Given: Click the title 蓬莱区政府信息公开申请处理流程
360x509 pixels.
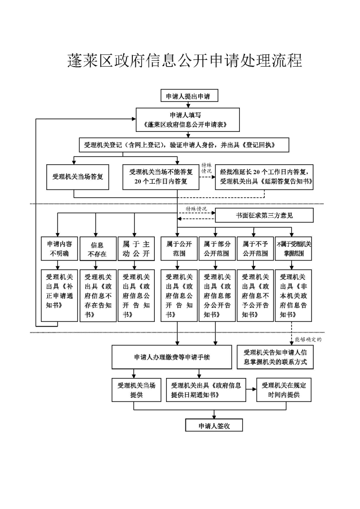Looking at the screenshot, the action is pos(184,61).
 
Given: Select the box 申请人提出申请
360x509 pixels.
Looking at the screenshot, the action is pos(189,96).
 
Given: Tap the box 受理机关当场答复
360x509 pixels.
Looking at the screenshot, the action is pos(77,177).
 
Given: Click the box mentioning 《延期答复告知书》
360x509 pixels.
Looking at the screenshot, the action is pos(264,177).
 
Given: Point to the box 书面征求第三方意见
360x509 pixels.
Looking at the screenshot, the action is pos(264,215).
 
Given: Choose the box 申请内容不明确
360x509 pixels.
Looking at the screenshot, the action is pos(59,249).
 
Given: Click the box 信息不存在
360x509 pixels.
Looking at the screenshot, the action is pos(98,249).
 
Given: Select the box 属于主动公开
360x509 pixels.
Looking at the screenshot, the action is pos(136,249).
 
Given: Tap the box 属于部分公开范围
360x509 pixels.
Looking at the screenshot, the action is pos(217,249).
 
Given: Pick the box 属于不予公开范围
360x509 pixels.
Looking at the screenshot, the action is pos(256,249).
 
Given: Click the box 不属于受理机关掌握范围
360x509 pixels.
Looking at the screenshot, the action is pos(293,249).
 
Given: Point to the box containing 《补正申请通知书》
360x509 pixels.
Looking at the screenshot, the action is pos(59,295).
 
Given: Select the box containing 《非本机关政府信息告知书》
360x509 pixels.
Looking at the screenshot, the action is pos(293,295).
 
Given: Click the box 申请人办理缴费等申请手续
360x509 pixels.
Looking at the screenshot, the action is pos(172,357).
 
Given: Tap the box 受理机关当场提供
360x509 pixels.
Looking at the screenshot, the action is pos(136,390).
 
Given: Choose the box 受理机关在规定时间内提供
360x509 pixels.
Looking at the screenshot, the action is pos(284,390).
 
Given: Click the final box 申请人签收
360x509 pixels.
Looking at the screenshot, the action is pos(214,425).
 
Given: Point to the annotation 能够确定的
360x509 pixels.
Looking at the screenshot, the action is pos(308,339).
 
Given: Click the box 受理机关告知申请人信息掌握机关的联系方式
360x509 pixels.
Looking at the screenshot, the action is pos(275,357).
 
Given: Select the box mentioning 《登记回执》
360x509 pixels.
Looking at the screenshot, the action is pos(184,145).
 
